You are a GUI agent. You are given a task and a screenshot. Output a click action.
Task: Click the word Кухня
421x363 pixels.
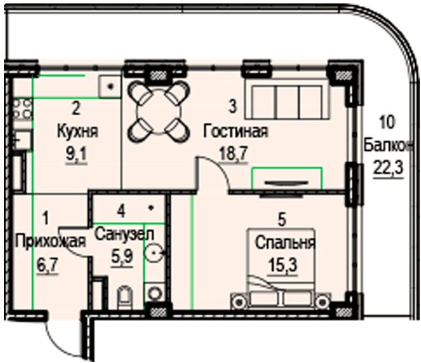[x=77, y=132]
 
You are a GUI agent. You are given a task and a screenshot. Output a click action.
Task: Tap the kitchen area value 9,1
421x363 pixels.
[x=77, y=155]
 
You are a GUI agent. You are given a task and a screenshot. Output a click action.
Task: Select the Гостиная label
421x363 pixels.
[x=235, y=131]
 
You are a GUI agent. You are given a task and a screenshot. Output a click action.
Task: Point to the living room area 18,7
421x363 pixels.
[x=233, y=154]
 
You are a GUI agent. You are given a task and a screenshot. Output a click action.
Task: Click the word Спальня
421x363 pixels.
[x=285, y=243]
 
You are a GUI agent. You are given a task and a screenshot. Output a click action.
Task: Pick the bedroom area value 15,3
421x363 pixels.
[x=284, y=266]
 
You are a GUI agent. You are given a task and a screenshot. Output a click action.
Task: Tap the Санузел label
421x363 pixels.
[x=124, y=234]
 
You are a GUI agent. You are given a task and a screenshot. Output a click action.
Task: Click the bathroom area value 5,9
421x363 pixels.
[x=123, y=256]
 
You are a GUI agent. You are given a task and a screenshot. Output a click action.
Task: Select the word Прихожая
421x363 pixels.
[x=50, y=241]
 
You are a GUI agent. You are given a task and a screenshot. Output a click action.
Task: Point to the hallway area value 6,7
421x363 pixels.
[x=48, y=264]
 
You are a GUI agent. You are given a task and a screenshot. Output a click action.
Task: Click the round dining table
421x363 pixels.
[x=159, y=111]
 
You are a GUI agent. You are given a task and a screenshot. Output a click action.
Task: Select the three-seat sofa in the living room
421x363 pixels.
[x=287, y=100]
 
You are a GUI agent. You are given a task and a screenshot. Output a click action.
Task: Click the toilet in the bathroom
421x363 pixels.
[x=125, y=298]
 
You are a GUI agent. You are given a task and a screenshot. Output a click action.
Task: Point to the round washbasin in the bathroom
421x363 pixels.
[x=155, y=253]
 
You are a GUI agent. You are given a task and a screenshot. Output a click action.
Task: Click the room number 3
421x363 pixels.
[x=233, y=106]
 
